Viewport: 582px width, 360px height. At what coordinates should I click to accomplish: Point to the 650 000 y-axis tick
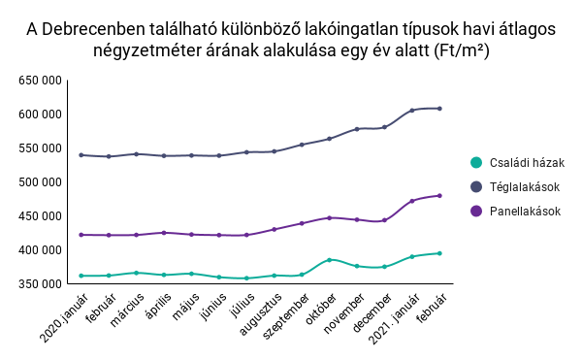point(43,81)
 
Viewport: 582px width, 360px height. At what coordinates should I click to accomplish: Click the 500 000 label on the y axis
point(43,182)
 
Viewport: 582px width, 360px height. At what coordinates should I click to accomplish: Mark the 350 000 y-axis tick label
point(43,284)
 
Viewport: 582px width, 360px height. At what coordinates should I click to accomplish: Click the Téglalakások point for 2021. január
point(412,111)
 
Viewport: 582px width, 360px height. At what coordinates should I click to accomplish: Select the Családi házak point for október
point(330,260)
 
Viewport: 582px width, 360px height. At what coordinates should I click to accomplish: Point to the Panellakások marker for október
point(330,217)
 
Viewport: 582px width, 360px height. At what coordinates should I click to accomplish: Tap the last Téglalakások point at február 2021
point(439,109)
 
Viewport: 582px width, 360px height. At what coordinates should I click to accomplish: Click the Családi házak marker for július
point(246,278)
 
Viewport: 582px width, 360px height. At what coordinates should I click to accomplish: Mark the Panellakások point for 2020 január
point(81,235)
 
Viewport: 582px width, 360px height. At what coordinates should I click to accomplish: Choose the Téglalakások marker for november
point(357,129)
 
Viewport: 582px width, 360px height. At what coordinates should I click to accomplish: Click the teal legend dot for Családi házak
point(476,163)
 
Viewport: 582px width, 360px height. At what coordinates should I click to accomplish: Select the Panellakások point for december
point(385,220)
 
